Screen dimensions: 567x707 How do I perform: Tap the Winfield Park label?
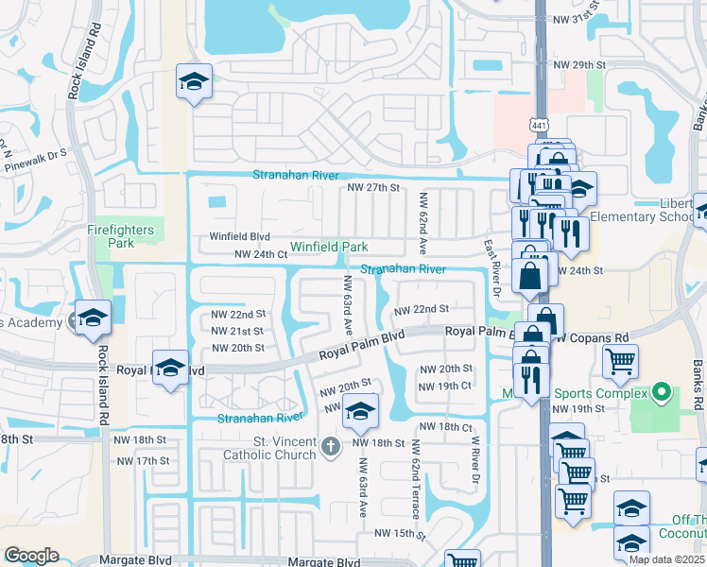[329, 247]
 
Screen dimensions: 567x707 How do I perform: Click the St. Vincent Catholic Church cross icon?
[331, 446]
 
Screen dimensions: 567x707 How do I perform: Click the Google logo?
[31, 556]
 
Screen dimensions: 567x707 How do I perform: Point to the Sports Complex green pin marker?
[662, 392]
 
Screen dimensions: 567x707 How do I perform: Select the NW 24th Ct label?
[260, 254]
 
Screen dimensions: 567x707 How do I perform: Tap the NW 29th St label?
[579, 65]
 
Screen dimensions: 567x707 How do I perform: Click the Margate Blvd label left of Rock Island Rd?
[37, 561]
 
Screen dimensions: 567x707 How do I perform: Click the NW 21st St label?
[238, 331]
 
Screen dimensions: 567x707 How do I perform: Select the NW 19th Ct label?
[444, 386]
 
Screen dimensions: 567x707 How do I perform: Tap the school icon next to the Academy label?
[93, 318]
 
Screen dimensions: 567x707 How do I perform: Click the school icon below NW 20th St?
[359, 411]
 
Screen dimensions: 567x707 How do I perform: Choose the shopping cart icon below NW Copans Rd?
[621, 360]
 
